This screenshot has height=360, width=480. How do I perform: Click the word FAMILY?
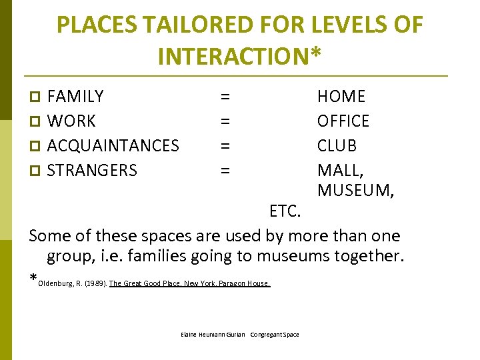click(x=75, y=97)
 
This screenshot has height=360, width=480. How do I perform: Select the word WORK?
click(x=71, y=121)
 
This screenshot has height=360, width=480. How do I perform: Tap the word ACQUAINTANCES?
click(x=113, y=145)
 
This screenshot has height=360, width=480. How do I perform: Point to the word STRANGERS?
click(x=92, y=170)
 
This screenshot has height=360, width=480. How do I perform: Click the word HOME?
click(x=341, y=97)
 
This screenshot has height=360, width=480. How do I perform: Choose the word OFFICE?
click(x=343, y=121)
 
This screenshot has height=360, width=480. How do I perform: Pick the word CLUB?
click(x=337, y=145)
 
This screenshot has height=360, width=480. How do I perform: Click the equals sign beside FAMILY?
click(x=225, y=97)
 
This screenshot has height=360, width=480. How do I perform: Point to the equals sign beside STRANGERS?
click(x=225, y=170)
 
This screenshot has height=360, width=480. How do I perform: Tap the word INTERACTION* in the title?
click(x=239, y=56)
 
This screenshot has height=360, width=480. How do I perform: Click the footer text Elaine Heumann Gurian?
click(x=213, y=334)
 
